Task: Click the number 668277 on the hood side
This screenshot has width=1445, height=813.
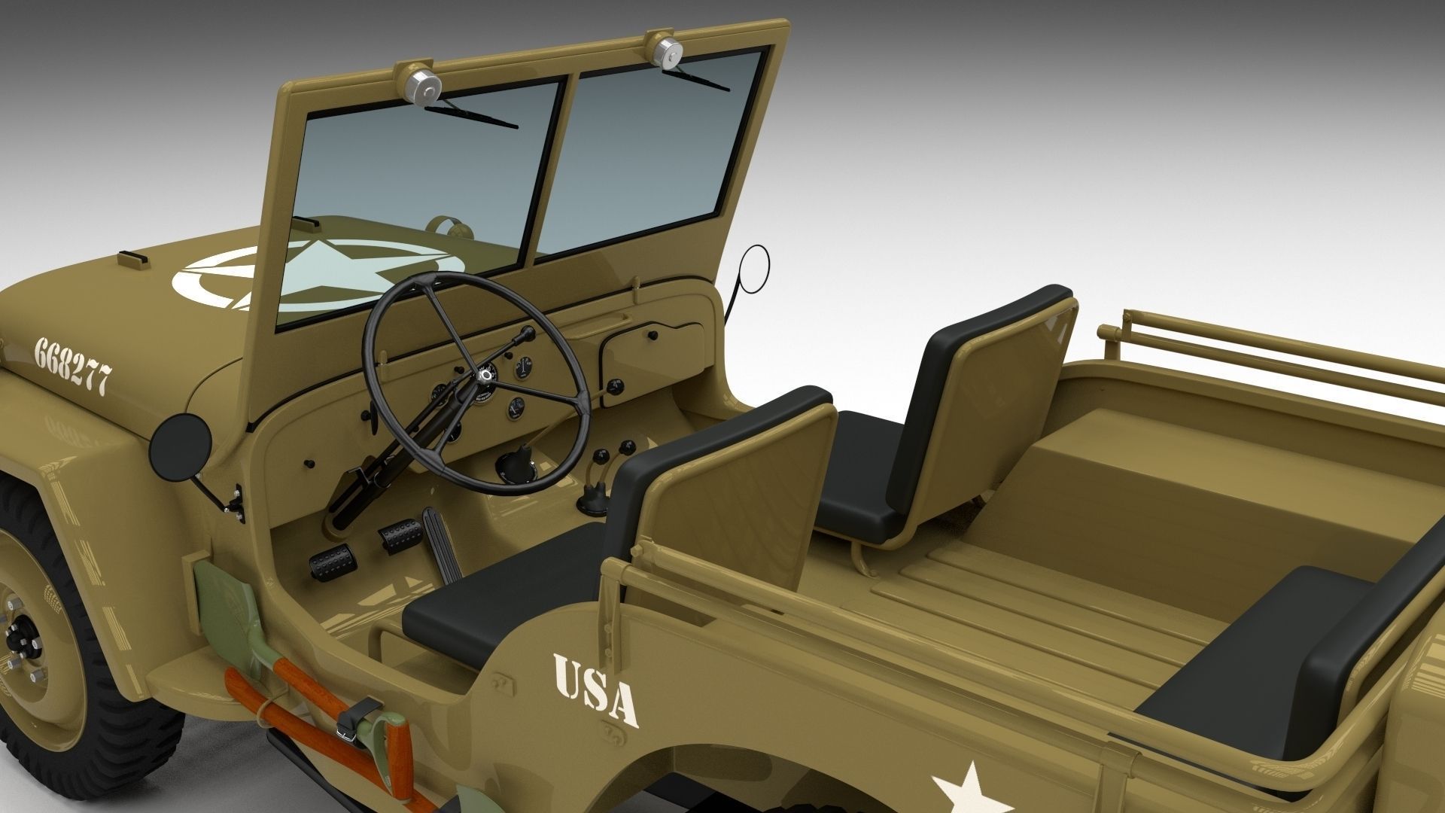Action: tap(73, 366)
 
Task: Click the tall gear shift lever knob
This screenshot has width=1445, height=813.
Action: tap(519, 457)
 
